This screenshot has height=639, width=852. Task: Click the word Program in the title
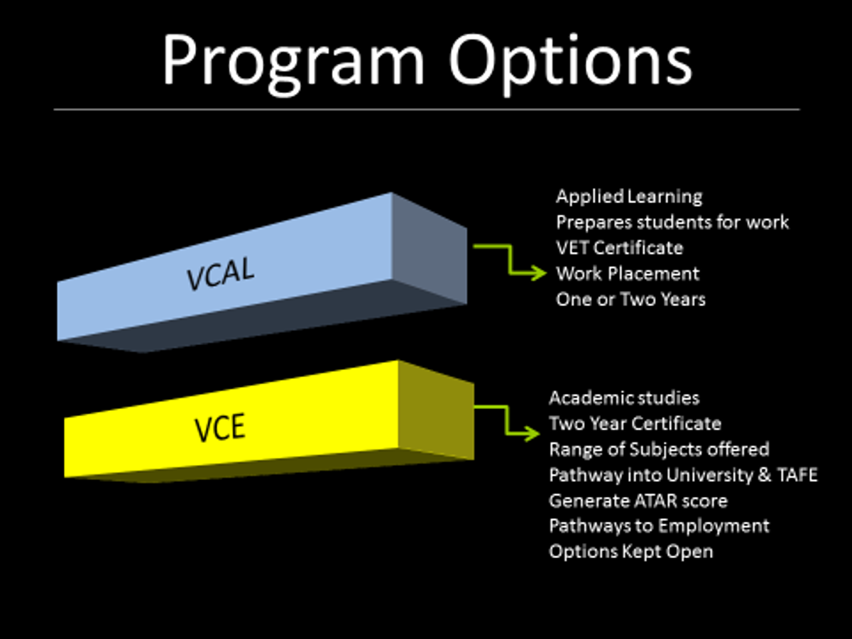point(293,63)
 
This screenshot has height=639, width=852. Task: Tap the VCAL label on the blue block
point(221,274)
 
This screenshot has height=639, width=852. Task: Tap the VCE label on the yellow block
point(220,427)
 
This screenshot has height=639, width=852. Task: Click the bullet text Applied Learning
point(629,197)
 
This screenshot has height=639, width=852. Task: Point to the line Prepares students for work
point(672,222)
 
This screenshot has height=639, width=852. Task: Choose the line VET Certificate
point(620,248)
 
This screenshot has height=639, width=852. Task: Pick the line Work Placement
point(628,273)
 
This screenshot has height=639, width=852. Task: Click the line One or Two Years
point(630,299)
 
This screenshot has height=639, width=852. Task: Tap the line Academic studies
point(624,398)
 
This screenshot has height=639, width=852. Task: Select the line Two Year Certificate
point(635,423)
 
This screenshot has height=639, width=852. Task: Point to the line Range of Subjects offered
point(659,449)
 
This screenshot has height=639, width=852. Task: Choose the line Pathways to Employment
point(659,527)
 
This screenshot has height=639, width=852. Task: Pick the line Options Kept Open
point(631,552)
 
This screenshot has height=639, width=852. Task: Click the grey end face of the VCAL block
point(430,248)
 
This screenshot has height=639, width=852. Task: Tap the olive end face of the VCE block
point(436,410)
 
